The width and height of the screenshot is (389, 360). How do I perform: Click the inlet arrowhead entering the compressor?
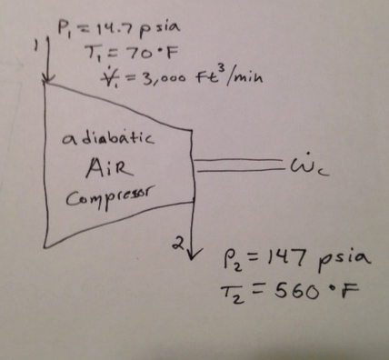click(x=44, y=82)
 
